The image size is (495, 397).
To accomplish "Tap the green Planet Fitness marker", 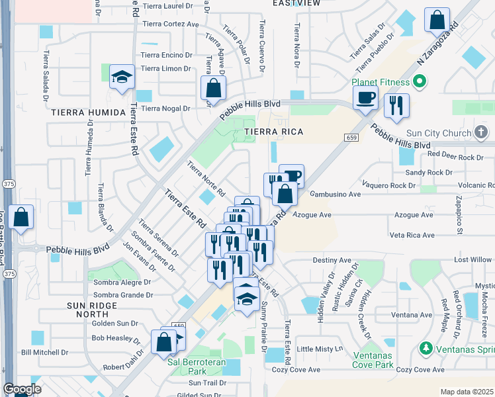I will (x=418, y=82).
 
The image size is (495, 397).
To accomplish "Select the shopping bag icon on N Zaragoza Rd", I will (x=437, y=21).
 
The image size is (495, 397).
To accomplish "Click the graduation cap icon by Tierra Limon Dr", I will (x=122, y=78).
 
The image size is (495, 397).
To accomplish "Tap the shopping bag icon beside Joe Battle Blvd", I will (x=21, y=218).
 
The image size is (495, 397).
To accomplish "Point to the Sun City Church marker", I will (x=481, y=133).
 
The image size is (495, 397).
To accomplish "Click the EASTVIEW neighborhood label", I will (x=296, y=3).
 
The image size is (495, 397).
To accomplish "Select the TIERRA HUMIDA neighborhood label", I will (x=87, y=112).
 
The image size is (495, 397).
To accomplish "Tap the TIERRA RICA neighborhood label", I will (x=274, y=132).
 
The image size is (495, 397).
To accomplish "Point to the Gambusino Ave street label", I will (x=336, y=195).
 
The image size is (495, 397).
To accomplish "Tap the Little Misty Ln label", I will (x=320, y=349).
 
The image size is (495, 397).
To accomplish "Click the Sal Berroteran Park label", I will (x=192, y=367).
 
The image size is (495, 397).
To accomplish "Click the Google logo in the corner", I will (x=22, y=389).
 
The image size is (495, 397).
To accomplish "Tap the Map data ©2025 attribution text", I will (x=467, y=392).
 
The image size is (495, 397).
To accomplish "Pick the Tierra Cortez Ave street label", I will (x=169, y=24).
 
